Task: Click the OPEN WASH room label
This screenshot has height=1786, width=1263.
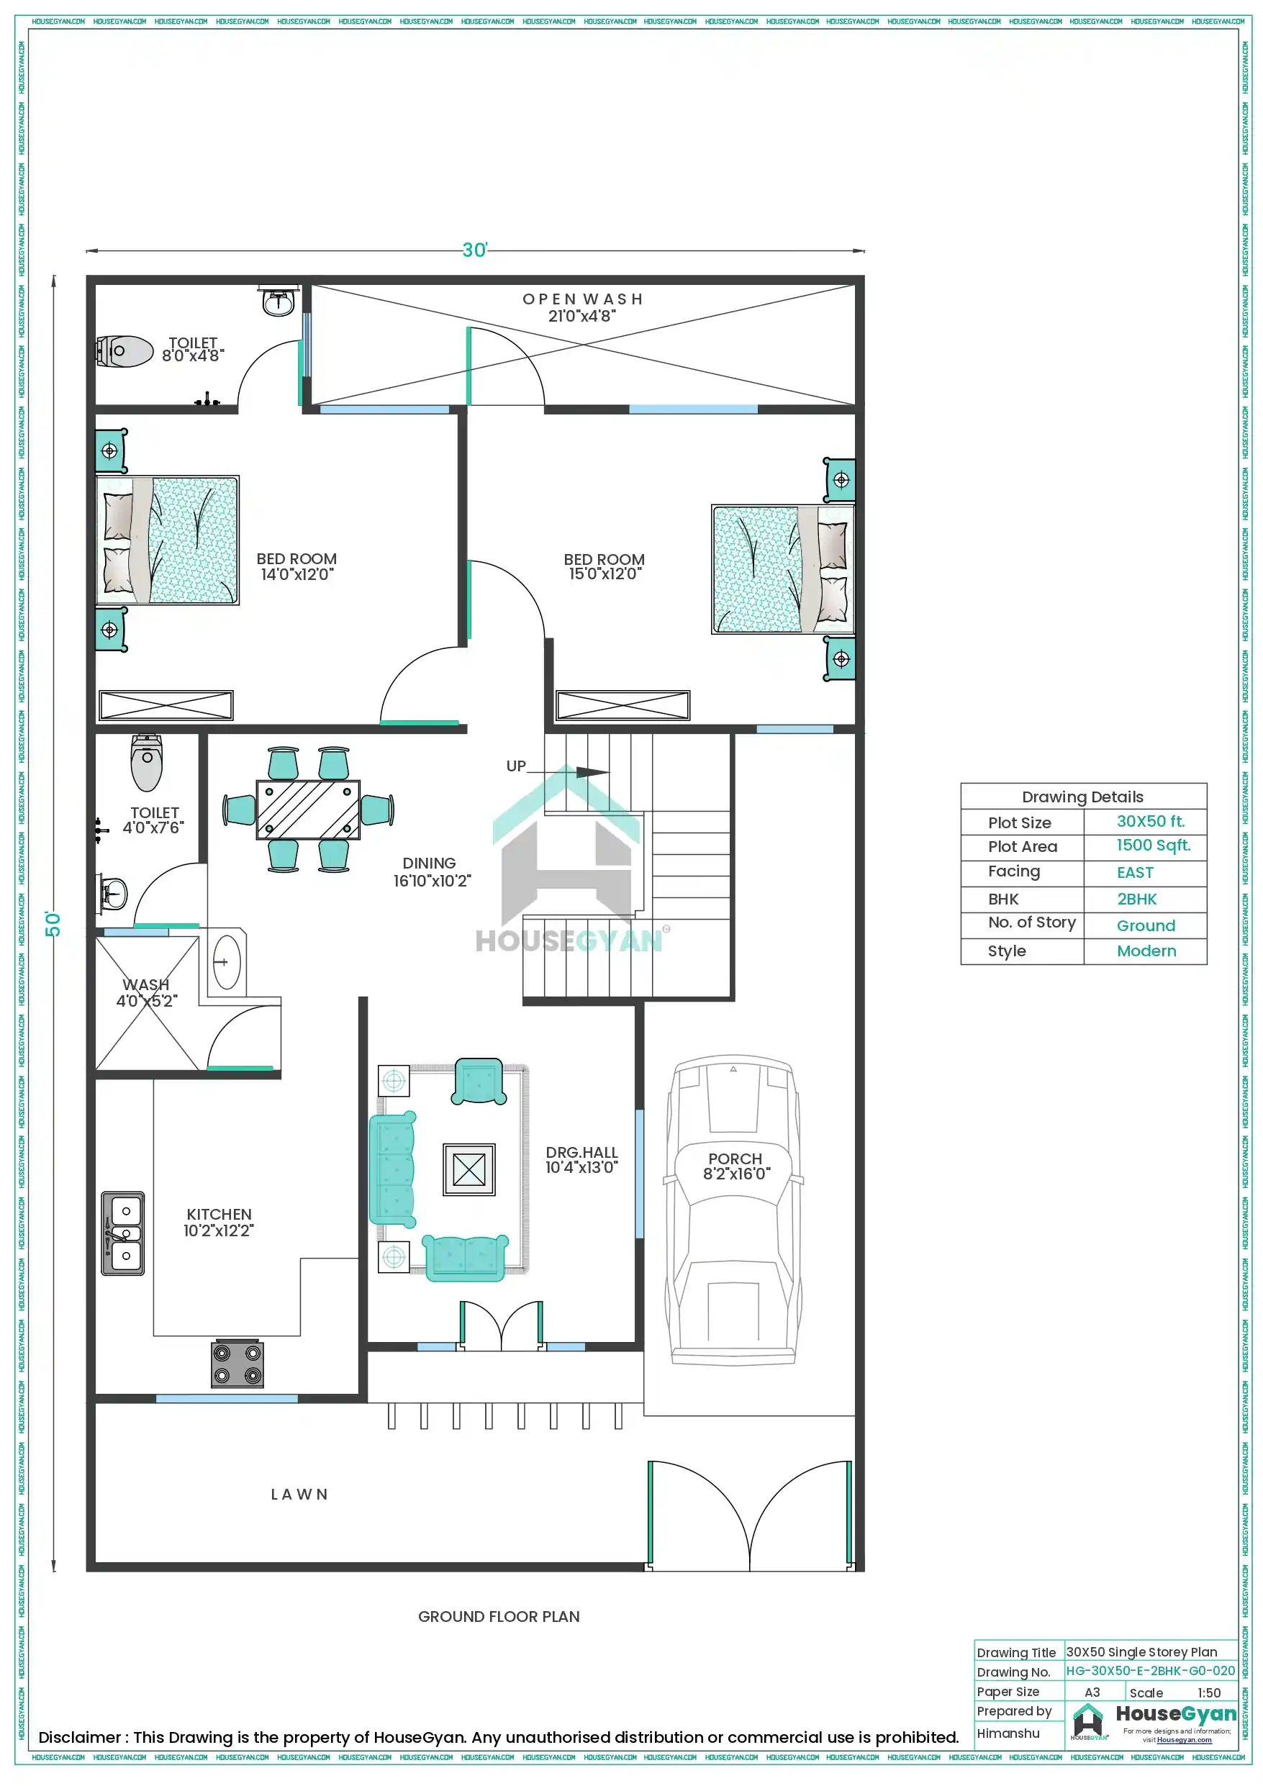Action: click(x=582, y=299)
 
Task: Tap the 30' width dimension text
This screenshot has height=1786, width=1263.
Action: click(x=475, y=250)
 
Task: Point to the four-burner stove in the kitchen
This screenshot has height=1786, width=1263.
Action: click(x=237, y=1364)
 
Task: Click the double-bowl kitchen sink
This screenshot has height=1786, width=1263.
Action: click(x=123, y=1233)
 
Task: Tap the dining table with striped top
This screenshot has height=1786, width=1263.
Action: click(x=308, y=810)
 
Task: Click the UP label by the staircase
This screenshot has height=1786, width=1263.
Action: click(x=516, y=766)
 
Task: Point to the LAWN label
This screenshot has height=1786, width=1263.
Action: click(x=299, y=1495)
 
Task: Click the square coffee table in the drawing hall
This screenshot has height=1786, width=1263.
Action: click(x=468, y=1169)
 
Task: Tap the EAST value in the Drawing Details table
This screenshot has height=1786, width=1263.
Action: click(x=1135, y=873)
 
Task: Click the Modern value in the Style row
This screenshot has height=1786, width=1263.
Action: click(x=1146, y=951)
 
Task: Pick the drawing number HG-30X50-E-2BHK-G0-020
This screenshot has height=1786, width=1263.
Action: click(x=1149, y=1670)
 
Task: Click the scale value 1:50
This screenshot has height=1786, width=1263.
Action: click(x=1208, y=1692)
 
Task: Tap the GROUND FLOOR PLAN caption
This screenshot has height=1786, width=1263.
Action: click(x=499, y=1616)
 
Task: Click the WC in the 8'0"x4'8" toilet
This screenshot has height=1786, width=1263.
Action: click(x=125, y=352)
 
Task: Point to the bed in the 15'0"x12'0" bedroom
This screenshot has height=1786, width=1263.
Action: click(x=783, y=569)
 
